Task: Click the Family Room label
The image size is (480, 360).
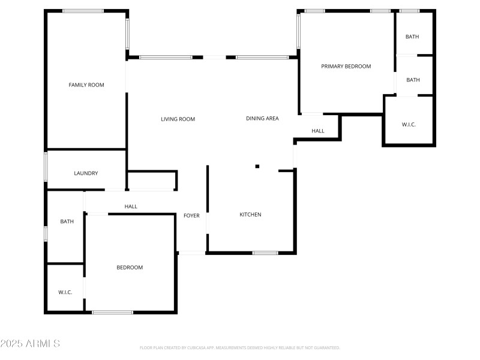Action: click(x=86, y=85)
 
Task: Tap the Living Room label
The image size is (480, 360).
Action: click(x=178, y=119)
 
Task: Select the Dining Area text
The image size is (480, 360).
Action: click(x=262, y=118)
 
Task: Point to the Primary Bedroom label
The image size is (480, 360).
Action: click(x=346, y=66)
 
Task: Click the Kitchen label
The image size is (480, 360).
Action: click(x=250, y=214)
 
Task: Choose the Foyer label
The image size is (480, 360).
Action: click(x=191, y=215)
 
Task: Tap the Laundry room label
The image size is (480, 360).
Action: click(x=86, y=173)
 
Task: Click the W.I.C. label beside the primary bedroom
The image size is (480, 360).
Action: click(x=409, y=124)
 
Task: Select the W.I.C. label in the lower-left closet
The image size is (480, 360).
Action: click(x=65, y=292)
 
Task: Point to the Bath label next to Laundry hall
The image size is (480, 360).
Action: click(x=67, y=221)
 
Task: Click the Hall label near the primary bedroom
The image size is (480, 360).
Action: click(x=317, y=131)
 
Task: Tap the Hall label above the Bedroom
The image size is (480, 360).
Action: click(x=131, y=206)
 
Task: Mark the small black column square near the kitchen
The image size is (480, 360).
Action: click(x=257, y=166)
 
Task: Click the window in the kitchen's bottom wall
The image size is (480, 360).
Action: click(x=265, y=253)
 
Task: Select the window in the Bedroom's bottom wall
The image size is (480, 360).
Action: click(x=112, y=312)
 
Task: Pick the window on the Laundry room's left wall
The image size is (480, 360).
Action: click(x=46, y=166)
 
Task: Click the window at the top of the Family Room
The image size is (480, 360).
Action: click(x=83, y=11)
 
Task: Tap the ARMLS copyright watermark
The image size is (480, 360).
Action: click(x=30, y=344)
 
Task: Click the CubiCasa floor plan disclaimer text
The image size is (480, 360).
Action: click(x=239, y=347)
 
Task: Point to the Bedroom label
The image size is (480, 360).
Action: click(x=130, y=267)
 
